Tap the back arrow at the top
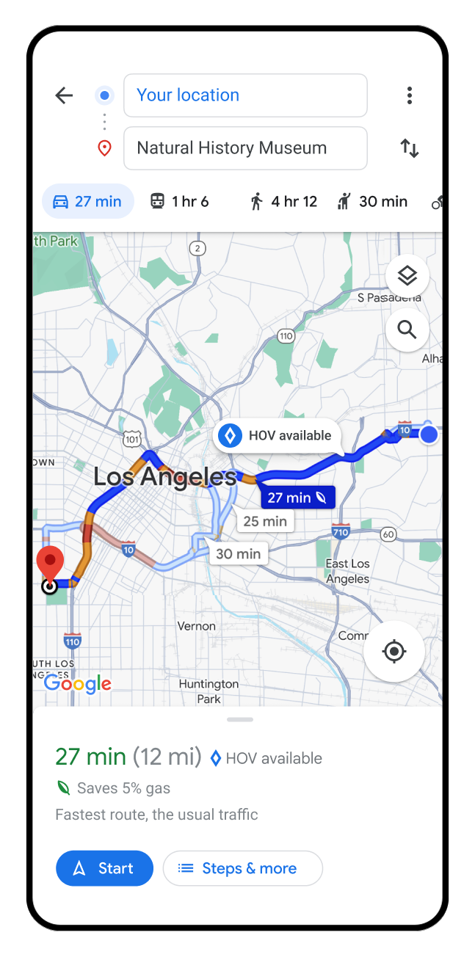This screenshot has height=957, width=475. click(65, 95)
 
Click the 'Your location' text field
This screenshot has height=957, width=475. click(245, 95)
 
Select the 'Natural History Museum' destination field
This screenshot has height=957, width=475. click(245, 148)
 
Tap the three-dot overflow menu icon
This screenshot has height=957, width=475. click(409, 95)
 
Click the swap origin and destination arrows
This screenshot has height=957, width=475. click(409, 148)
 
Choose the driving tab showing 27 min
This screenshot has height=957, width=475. click(88, 201)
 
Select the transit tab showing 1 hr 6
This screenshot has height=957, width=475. click(180, 201)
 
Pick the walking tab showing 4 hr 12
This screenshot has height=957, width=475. click(283, 201)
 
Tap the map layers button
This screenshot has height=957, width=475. click(407, 276)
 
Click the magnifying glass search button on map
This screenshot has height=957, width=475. click(407, 330)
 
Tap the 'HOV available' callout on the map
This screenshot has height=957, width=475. click(277, 435)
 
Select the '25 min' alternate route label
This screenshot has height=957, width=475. click(265, 521)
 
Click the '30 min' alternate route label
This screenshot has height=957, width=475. click(239, 553)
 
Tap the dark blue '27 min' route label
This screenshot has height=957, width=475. click(297, 498)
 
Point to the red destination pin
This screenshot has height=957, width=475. click(50, 563)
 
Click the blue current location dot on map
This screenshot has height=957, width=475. click(429, 435)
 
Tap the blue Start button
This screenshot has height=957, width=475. click(104, 868)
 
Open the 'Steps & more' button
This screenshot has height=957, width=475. click(242, 868)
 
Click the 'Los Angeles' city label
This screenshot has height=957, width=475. click(165, 477)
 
